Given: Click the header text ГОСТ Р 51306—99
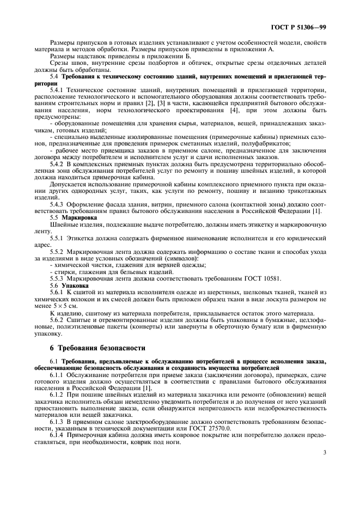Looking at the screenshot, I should point(299,26).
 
